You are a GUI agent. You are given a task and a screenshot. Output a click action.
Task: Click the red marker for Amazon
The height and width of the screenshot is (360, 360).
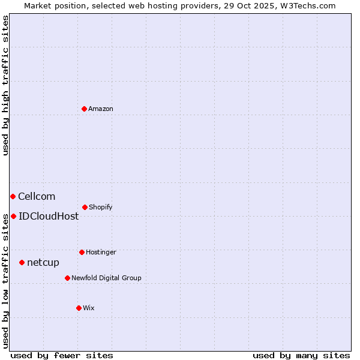85,109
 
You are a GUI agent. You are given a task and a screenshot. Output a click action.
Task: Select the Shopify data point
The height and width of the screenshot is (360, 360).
85,207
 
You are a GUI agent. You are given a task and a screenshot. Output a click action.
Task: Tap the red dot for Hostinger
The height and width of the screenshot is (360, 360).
82,252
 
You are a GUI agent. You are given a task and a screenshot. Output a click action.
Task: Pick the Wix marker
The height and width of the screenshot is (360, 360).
79,308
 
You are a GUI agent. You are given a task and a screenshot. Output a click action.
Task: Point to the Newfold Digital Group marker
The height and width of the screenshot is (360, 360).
67,278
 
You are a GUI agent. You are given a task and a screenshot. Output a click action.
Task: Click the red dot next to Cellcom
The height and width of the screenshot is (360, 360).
13,196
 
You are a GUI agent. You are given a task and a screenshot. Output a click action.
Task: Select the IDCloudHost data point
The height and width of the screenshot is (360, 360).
13,216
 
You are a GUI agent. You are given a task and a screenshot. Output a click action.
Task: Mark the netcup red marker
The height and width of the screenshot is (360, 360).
22,262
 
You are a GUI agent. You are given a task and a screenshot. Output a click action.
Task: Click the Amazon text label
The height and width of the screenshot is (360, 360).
101,109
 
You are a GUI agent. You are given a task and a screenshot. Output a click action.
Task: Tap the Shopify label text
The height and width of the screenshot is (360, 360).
101,207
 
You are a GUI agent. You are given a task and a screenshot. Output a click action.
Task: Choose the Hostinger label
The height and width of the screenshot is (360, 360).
101,252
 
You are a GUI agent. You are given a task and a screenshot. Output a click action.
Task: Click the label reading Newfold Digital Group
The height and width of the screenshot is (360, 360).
106,278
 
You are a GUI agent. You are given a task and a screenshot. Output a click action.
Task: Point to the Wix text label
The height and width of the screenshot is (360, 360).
89,308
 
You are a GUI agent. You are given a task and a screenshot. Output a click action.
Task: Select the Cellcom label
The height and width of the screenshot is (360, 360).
37,196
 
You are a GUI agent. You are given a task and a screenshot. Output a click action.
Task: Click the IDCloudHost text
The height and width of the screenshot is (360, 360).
49,216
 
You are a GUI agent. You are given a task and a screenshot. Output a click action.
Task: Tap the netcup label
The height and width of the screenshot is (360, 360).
43,262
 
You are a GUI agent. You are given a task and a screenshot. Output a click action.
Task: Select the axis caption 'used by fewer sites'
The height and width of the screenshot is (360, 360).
62,355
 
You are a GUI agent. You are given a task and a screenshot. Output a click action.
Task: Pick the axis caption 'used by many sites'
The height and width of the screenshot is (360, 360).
301,355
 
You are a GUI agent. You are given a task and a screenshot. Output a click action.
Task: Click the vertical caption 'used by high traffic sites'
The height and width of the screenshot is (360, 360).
5,85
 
